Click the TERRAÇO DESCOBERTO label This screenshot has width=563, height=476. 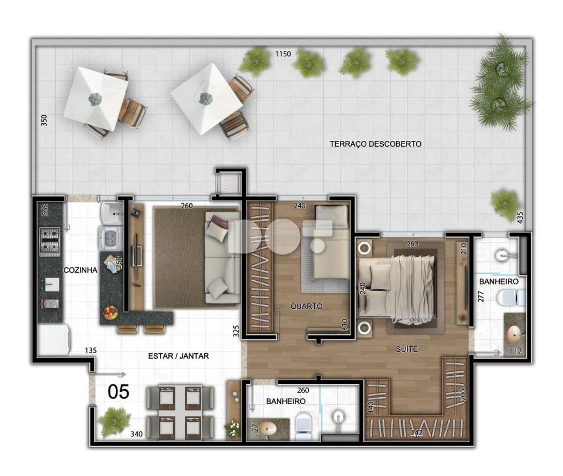point(375,144)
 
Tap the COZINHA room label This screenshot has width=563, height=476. point(80,270)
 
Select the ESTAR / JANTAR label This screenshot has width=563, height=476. point(179,356)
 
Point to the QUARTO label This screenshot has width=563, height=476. point(306,306)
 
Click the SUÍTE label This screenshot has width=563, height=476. point(406,348)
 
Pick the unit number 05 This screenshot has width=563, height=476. point(118,392)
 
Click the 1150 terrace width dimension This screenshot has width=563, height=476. point(283,54)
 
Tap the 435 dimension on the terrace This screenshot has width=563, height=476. point(520,218)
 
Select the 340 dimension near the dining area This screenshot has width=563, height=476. point(136,434)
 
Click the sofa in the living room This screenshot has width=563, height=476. point(223,257)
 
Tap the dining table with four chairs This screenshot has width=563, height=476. point(180,412)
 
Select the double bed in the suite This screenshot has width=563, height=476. point(398,288)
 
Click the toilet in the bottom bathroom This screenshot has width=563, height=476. point(304,426)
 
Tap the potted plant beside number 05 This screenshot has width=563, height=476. point(114,422)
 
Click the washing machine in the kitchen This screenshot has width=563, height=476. point(110,237)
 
